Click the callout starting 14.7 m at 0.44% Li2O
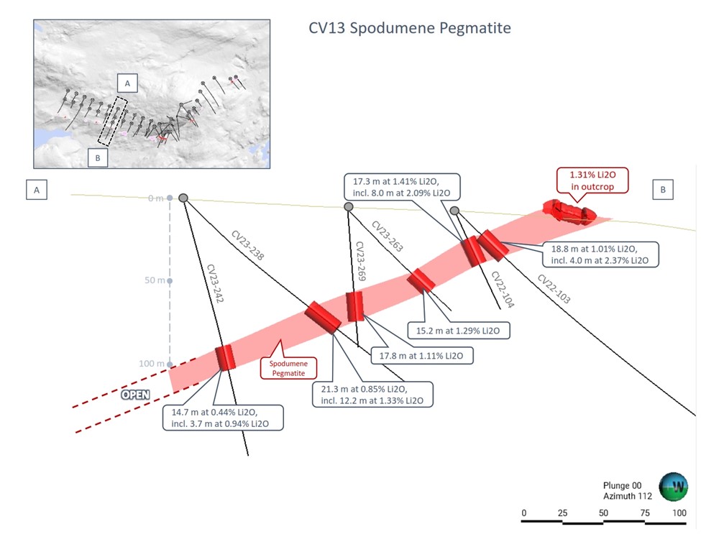point(221,418)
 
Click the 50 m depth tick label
point(153,280)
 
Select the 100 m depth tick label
point(151,364)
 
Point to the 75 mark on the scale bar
point(644,513)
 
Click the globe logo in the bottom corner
point(674,485)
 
